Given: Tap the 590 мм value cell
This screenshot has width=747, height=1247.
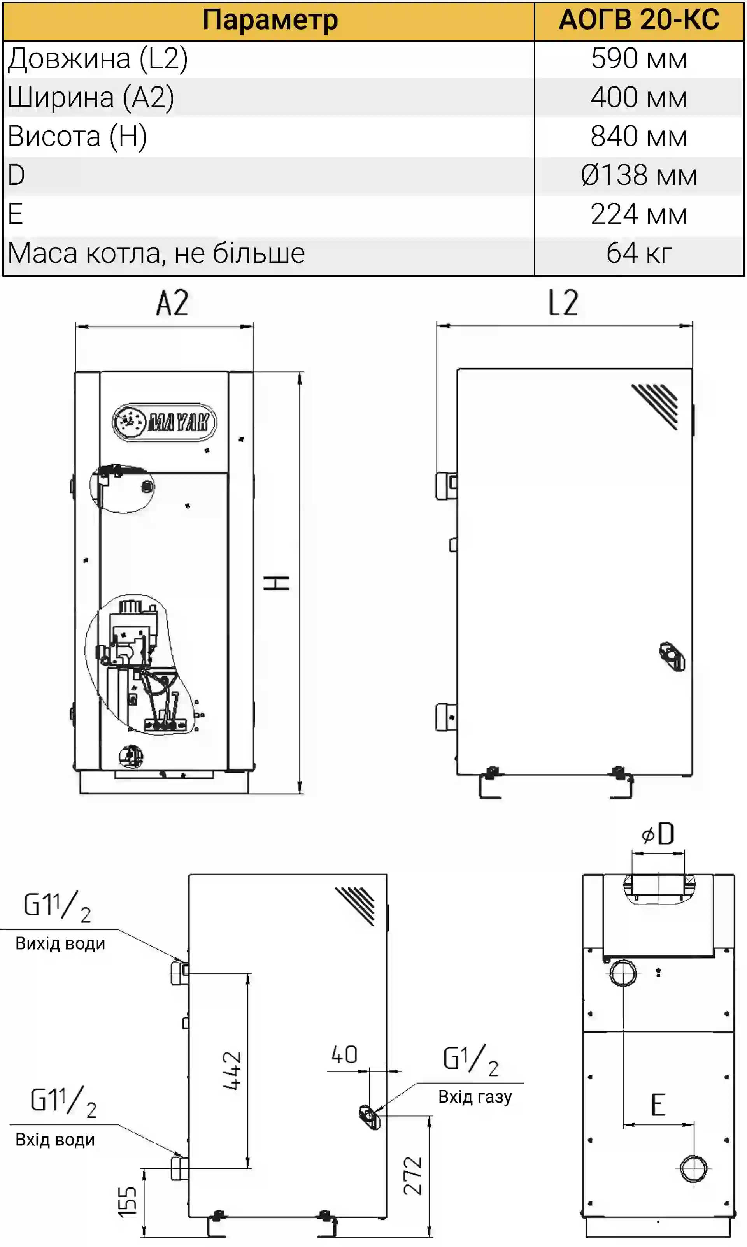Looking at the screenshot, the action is tap(639, 59).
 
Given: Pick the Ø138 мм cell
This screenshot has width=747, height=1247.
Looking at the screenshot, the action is tap(639, 176).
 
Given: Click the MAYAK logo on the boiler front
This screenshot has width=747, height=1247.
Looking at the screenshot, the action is tap(164, 422).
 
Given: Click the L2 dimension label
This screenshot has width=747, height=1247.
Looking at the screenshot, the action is tap(563, 303).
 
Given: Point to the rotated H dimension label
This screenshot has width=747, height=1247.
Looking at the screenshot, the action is tap(276, 583).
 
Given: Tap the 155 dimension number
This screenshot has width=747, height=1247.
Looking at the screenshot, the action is tap(127, 1202).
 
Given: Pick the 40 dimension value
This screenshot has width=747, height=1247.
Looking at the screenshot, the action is tap(344, 1055).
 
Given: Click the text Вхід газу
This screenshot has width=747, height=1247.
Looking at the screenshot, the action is tap(475, 1097).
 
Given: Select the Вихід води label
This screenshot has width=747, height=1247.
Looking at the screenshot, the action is tap(60, 943).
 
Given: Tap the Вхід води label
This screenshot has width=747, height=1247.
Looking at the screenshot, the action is tap(55, 1140).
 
